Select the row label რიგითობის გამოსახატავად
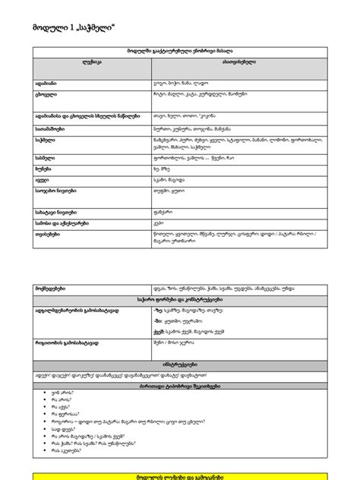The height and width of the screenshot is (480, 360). (x=67, y=343)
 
